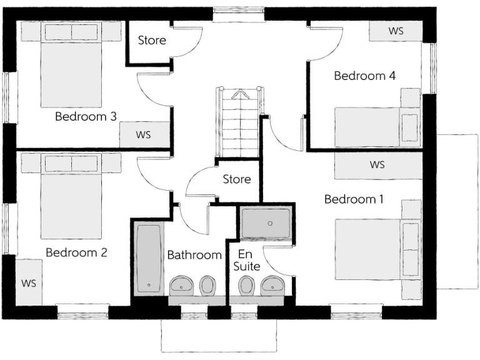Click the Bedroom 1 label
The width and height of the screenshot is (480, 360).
pos(354,199)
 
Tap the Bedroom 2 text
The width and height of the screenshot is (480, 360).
pos(76,253)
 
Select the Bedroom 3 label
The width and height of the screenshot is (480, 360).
pos(86,116)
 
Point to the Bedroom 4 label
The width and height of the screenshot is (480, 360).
pos(365,76)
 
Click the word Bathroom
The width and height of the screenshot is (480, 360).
pos(194,255)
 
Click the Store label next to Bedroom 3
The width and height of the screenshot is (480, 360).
pos(152,41)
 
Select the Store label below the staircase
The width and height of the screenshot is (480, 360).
pos(237,179)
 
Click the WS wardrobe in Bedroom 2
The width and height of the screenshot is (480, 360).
pos(29,282)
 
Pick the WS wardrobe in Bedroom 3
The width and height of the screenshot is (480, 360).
pos(144,134)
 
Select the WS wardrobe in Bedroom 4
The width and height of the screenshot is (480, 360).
pos(396,31)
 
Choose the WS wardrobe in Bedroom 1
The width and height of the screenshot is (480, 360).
pos(377,166)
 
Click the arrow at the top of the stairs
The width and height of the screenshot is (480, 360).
pos(239,94)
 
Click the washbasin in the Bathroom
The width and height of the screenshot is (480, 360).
pos(182,286)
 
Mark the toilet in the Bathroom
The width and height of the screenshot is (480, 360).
pos(207,286)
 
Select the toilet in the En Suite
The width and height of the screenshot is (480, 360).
pos(247,286)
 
